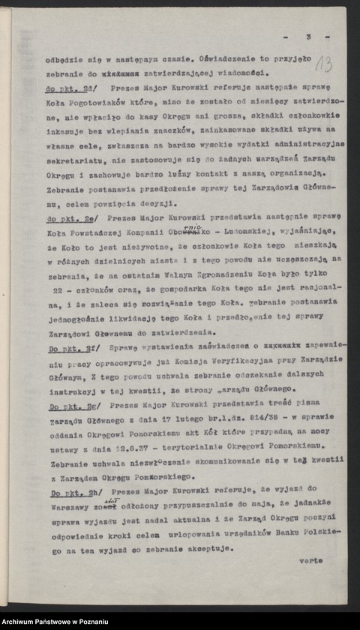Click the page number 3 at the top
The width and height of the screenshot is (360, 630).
pyautogui.click(x=307, y=36)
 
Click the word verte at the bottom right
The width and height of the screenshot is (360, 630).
pyautogui.click(x=310, y=560)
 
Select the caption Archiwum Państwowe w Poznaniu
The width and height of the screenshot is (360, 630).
pyautogui.click(x=55, y=622)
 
